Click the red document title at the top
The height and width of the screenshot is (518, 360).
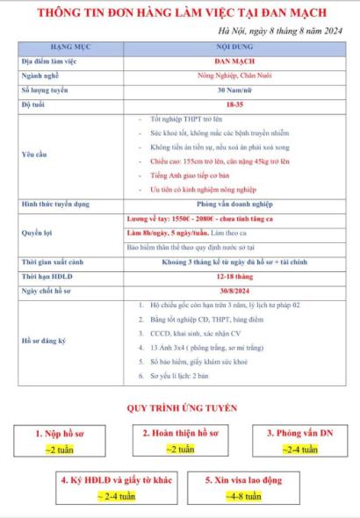pos(179,15)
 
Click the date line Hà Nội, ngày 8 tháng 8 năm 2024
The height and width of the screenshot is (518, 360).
pos(278,32)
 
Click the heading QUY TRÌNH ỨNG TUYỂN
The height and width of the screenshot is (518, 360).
pos(179,408)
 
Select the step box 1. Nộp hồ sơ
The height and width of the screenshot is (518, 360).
pos(60,441)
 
